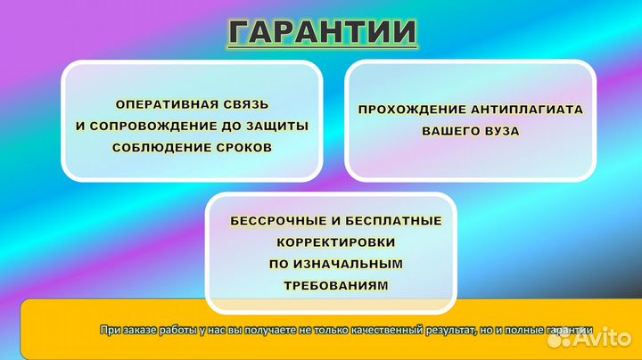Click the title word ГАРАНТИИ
tap(322, 32)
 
